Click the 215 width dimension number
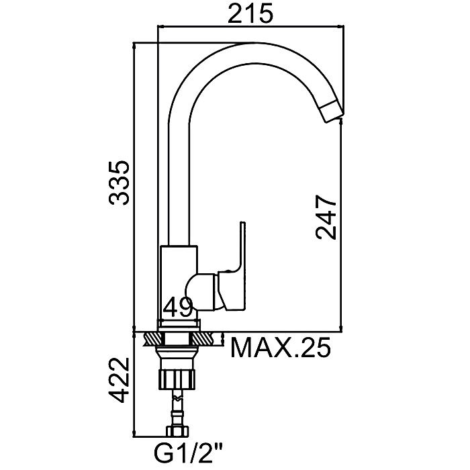(x=250, y=14)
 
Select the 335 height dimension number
(x=120, y=183)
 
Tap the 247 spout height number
(x=326, y=218)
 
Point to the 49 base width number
(x=179, y=307)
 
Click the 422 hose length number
(x=120, y=380)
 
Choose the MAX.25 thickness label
(x=281, y=347)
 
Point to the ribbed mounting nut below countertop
(x=177, y=379)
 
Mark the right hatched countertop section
(x=202, y=339)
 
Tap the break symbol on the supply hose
(x=177, y=398)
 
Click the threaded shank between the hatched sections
(x=177, y=339)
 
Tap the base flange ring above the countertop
(x=179, y=324)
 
